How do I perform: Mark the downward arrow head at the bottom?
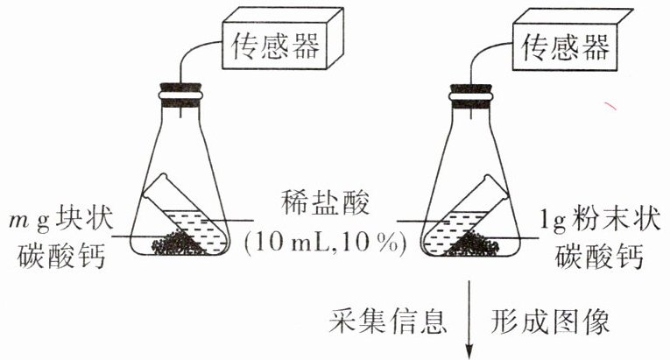[x=473, y=350]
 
